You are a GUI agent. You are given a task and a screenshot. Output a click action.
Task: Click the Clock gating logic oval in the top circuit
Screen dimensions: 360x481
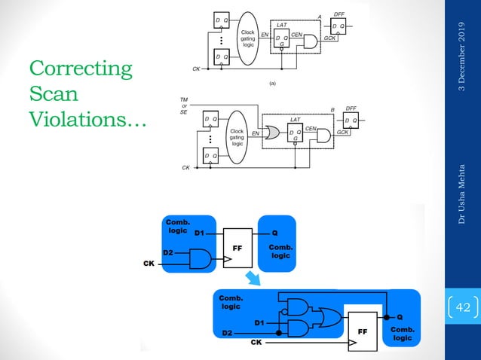coord(247,39)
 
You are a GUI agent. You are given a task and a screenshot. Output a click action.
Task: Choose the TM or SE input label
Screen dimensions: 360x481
coord(183,106)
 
